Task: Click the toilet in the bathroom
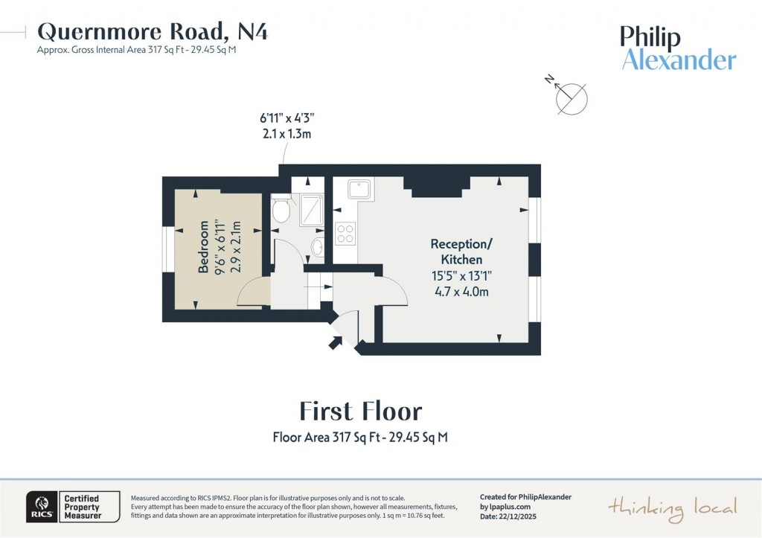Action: coord(281,210)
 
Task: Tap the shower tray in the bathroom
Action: coord(310,211)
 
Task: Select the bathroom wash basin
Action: coord(318,247)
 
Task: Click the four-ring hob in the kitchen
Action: coord(345,234)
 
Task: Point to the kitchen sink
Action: coord(360,189)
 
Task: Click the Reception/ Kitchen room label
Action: coord(461,252)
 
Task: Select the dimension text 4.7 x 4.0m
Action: coord(461,291)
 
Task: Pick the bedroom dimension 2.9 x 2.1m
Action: coord(237,246)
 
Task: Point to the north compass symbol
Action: coord(570,97)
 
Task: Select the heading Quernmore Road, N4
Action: coord(153,31)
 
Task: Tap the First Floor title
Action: coord(360,411)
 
